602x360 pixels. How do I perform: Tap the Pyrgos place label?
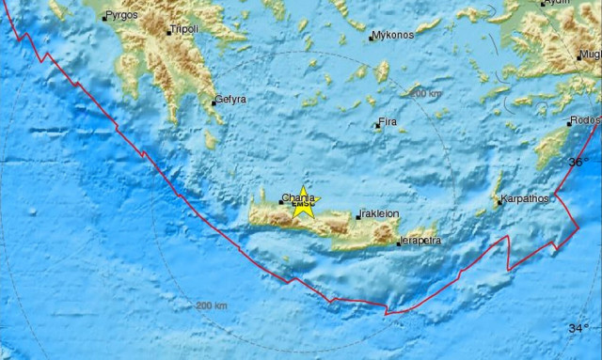click(x=121, y=16)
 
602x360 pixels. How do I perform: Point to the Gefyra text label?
click(x=231, y=99)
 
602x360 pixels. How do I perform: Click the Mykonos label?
click(x=392, y=36)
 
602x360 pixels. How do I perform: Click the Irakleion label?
click(x=379, y=213)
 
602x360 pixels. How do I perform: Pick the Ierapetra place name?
click(x=420, y=242)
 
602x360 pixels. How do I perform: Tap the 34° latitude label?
click(x=578, y=328)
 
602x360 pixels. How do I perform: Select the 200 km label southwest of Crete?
click(x=211, y=305)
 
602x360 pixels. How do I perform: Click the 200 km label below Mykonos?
click(x=425, y=93)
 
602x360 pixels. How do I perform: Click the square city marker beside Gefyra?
click(x=214, y=102)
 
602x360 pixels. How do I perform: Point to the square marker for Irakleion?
click(x=357, y=216)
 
